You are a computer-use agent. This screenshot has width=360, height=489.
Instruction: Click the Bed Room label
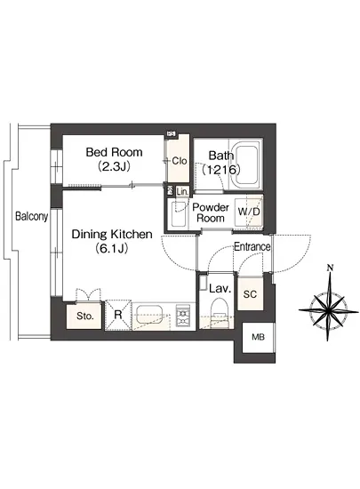coord(114,152)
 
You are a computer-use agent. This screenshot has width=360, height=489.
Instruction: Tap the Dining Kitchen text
coord(112,234)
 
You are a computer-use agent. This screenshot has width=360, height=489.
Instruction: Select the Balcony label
coord(32,216)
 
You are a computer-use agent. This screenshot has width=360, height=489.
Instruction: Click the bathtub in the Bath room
coord(247,164)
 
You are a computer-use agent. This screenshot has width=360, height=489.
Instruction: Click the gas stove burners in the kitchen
coord(183,315)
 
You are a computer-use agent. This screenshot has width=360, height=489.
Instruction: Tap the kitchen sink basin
coord(149,315)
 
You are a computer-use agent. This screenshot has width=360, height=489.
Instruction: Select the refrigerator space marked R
coord(118,315)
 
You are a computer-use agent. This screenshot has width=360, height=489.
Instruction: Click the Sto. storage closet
coord(84,316)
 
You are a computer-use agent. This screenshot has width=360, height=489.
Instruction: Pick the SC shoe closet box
coord(251,293)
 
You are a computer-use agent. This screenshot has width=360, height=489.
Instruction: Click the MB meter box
coord(259,338)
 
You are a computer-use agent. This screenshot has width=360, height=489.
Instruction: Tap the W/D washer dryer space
coord(249,212)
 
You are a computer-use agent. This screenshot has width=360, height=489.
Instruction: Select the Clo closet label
coord(180,161)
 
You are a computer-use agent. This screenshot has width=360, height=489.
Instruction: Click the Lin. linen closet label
coord(182,191)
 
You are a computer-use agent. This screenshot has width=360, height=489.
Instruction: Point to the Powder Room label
coord(211,212)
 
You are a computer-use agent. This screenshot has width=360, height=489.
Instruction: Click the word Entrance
coord(252,246)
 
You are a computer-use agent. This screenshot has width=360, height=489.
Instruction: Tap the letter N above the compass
coord(331,268)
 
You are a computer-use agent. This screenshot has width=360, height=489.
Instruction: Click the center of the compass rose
coord(328,310)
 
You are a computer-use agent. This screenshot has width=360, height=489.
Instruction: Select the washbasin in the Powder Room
coord(179,215)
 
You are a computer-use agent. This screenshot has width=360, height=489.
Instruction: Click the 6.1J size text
coord(112,249)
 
